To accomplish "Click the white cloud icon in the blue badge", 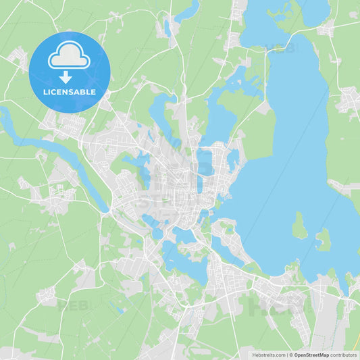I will click(x=69, y=57).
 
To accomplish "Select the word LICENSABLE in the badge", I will click(x=69, y=91).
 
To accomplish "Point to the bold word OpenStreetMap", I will click(x=311, y=355).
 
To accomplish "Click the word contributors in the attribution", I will click(x=344, y=355).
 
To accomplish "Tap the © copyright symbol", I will click(x=290, y=355).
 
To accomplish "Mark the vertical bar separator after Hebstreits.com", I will click(x=286, y=355).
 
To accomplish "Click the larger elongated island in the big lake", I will click(x=300, y=227).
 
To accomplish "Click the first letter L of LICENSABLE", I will click(x=44, y=91).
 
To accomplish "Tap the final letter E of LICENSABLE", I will click(x=93, y=91).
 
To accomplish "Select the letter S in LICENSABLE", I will click(x=70, y=91).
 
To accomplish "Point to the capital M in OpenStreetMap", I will click(x=322, y=355).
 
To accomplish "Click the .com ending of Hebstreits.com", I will click(x=278, y=355).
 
